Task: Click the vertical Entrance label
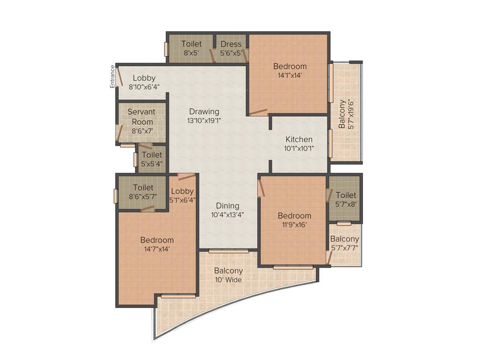[112, 76]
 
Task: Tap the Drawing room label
[204, 112]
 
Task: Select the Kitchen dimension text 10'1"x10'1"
[299, 148]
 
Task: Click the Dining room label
[228, 206]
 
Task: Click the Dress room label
[231, 44]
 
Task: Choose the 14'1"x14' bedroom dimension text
[290, 75]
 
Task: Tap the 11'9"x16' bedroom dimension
[294, 225]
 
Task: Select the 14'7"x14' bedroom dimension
[157, 249]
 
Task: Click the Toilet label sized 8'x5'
[191, 44]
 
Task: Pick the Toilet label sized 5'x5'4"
[152, 155]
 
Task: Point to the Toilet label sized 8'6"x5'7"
[143, 188]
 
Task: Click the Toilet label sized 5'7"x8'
[346, 195]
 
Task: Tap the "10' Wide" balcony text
[228, 280]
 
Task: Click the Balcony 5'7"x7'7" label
[345, 239]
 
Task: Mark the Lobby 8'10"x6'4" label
[144, 78]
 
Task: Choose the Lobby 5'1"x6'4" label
[182, 191]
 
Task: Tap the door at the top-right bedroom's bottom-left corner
[258, 112]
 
